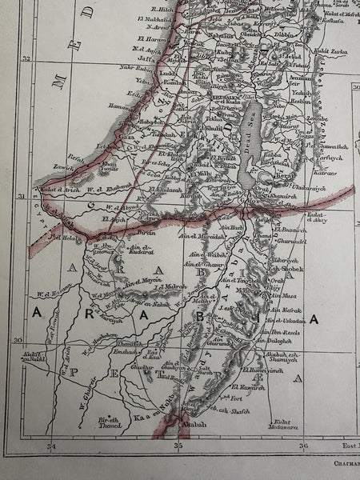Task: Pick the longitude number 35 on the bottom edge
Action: coord(179,445)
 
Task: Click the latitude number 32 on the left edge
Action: coord(26,58)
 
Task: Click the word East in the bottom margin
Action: coord(342,446)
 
